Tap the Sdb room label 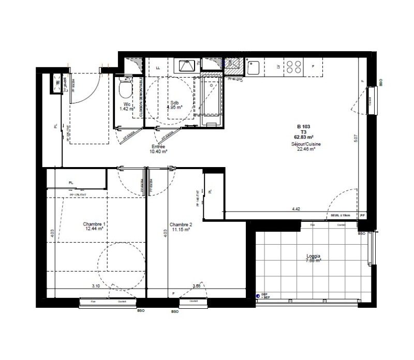point(174,102)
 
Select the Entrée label point(158,146)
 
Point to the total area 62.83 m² point(305,137)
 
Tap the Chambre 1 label point(95,224)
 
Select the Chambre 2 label point(181,224)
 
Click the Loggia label point(313,256)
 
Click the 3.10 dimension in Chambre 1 point(96,286)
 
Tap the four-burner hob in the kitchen point(294,67)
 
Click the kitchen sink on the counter point(253,67)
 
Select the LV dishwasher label point(278,67)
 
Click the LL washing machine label point(158,67)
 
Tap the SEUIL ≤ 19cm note point(341,215)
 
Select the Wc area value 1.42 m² point(127,109)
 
